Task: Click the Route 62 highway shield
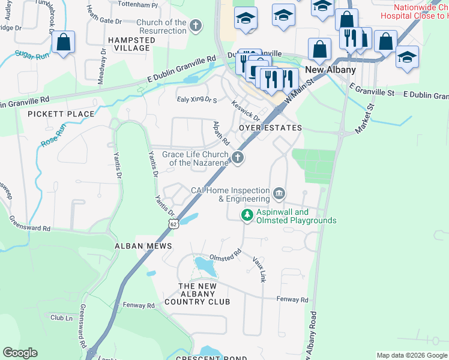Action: click(173, 224)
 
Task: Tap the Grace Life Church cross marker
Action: click(238, 158)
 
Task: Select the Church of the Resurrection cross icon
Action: click(195, 26)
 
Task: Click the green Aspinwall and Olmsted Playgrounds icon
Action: click(247, 215)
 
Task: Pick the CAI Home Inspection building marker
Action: click(279, 193)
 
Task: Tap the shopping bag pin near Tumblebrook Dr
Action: click(63, 43)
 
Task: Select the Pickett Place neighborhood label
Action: click(61, 114)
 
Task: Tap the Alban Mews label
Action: click(143, 246)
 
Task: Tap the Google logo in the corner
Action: click(20, 353)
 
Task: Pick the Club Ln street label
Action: click(61, 317)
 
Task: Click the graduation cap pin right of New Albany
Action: click(407, 58)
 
